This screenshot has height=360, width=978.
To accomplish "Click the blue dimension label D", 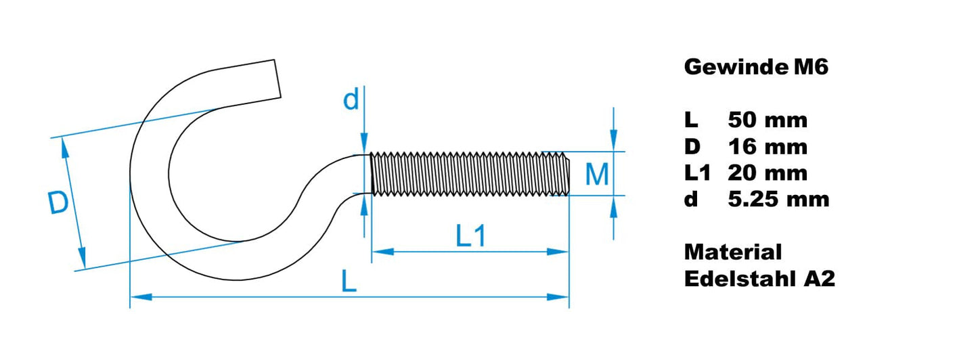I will click(x=59, y=204).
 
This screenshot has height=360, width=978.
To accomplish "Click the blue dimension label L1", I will click(x=471, y=236).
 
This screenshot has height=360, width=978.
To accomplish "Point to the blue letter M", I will click(x=597, y=175).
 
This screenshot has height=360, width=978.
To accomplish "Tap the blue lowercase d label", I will click(x=351, y=100).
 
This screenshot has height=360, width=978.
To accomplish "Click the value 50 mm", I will click(x=768, y=120).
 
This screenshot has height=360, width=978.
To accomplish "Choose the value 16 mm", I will click(x=768, y=147).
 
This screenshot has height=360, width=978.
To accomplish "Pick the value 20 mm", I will click(x=768, y=173).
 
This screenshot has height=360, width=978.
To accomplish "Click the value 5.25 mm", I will click(x=778, y=200).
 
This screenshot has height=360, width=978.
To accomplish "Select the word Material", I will click(x=732, y=252).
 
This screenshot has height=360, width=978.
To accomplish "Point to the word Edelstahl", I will click(x=741, y=279).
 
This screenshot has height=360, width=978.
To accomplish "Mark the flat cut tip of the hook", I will click(x=277, y=77).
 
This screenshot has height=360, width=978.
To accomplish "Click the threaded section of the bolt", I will click(x=470, y=174).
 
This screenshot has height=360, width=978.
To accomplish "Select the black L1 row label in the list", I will click(x=697, y=173).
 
